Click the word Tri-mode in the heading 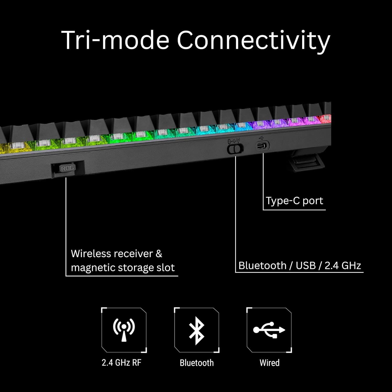coord(115,40)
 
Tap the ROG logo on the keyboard coord(67,168)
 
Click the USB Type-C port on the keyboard coord(263,146)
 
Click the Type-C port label coord(295,201)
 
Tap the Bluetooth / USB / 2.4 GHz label coord(299,266)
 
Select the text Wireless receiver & coord(117,253)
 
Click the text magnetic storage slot coord(123,268)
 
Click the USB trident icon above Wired coord(269,330)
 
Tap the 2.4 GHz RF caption coord(122,363)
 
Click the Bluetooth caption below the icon coord(197,363)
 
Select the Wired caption coord(269,363)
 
